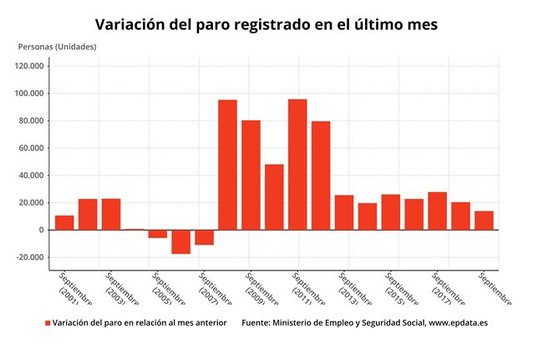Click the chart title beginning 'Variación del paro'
point(266,22)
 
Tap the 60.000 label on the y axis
point(27,148)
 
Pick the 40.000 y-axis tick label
point(27,176)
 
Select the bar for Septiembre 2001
point(64,222)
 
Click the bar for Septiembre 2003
point(111,214)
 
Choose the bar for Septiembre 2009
point(250,175)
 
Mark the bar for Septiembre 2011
point(297,164)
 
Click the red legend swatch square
point(46,324)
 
